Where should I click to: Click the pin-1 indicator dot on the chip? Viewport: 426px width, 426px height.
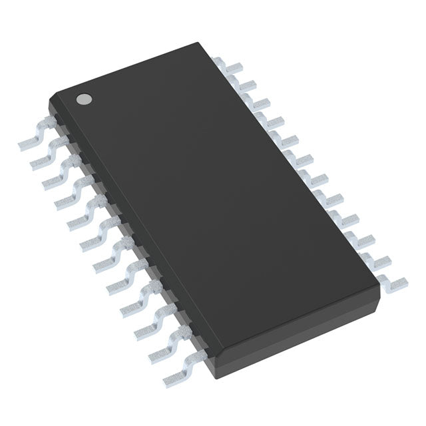[x=84, y=99]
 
